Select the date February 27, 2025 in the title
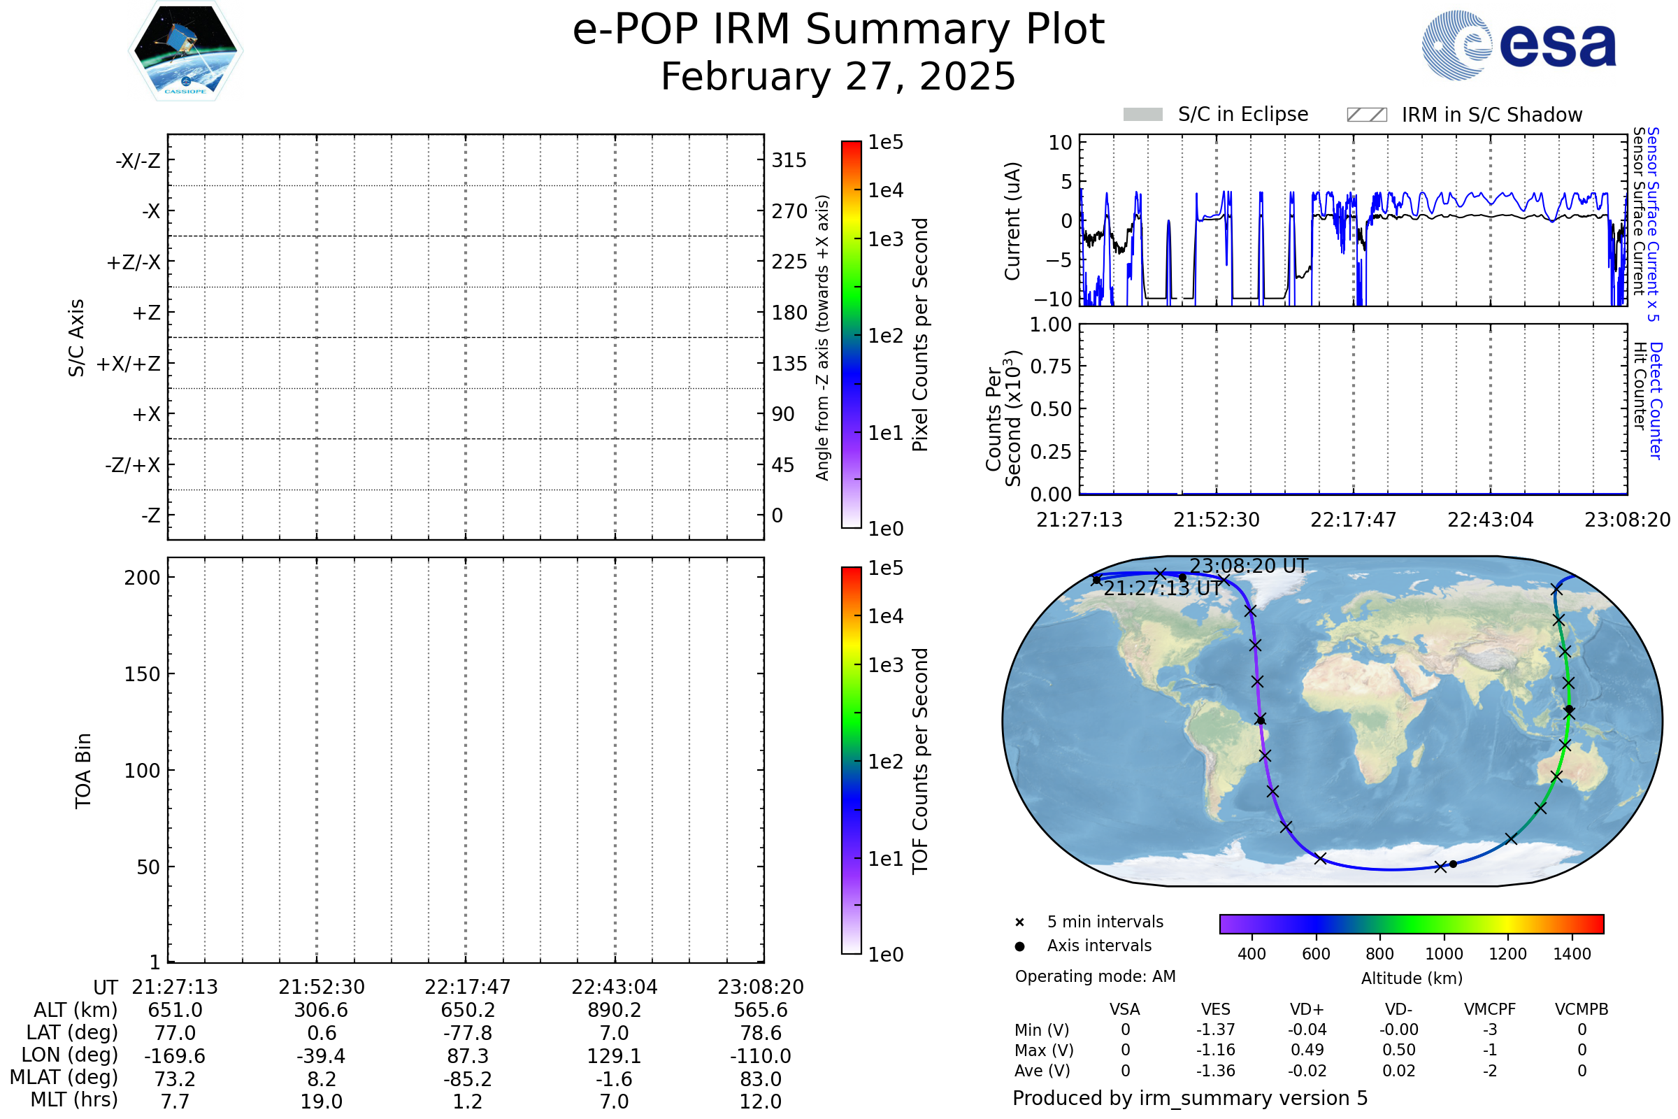tap(838, 76)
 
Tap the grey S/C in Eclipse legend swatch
tap(1143, 115)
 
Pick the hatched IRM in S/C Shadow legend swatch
tap(1366, 115)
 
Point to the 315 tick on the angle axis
tap(789, 161)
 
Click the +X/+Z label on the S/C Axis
tap(129, 364)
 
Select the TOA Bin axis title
tap(83, 771)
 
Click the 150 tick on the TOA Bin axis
tap(142, 674)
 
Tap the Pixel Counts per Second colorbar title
tap(920, 335)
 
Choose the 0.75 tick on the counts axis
tap(1051, 366)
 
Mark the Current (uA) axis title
tap(1012, 221)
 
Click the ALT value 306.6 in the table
tap(321, 1011)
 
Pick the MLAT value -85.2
tap(467, 1079)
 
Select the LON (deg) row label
tap(69, 1055)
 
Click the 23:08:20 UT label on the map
tap(1249, 566)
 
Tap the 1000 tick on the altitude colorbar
tap(1444, 954)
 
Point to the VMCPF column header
tap(1490, 1010)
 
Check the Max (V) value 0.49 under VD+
tap(1307, 1050)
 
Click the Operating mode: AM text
tap(1095, 976)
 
